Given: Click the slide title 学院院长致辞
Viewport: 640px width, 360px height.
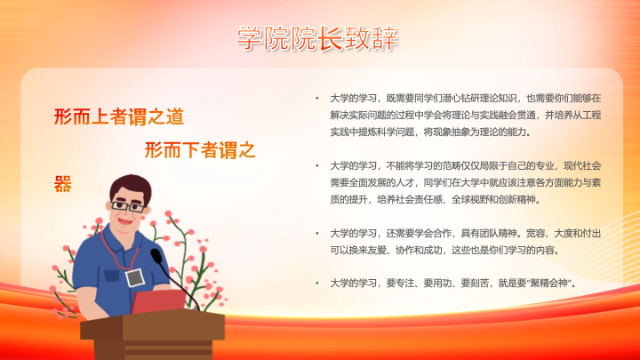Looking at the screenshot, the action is point(317,38).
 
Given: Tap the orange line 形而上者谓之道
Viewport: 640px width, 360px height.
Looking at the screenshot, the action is point(119,116).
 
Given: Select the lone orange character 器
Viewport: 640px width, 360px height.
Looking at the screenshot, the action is point(63,184).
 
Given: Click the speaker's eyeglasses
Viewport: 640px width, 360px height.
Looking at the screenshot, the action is point(127,206).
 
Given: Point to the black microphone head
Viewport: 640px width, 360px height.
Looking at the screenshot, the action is point(156,255).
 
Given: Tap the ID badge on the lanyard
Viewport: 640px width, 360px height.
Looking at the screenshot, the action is point(135,277).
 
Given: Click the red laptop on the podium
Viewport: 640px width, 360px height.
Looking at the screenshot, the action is point(158,301).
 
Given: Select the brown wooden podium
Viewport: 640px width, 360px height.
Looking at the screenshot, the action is point(153,335).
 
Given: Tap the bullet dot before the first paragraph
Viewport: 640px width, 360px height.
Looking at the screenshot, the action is point(317,98).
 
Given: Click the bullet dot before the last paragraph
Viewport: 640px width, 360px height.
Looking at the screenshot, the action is point(317,283).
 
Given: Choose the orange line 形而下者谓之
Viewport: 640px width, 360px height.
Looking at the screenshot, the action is point(200,150).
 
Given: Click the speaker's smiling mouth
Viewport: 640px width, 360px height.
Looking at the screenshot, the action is point(125,221).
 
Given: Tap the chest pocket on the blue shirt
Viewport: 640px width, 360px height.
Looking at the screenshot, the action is point(111,275).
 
